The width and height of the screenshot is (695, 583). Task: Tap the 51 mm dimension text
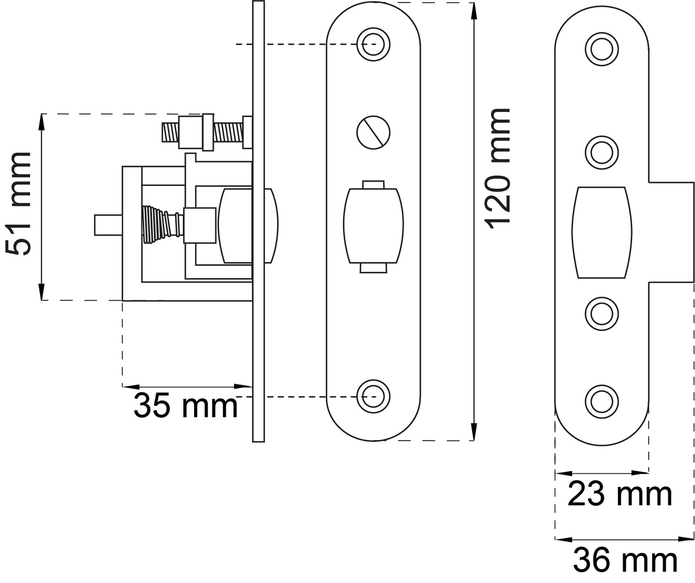[18, 203]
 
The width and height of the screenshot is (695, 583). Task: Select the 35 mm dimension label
[185, 406]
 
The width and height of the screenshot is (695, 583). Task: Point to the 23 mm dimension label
[619, 495]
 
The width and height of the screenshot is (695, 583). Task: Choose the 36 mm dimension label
[625, 561]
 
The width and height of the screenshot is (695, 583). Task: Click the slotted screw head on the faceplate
[374, 132]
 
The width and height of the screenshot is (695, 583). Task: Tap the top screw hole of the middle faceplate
[374, 44]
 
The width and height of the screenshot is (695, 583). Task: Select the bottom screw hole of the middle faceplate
[374, 397]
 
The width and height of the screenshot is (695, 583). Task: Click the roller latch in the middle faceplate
[374, 227]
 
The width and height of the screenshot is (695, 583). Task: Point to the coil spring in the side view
[163, 224]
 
